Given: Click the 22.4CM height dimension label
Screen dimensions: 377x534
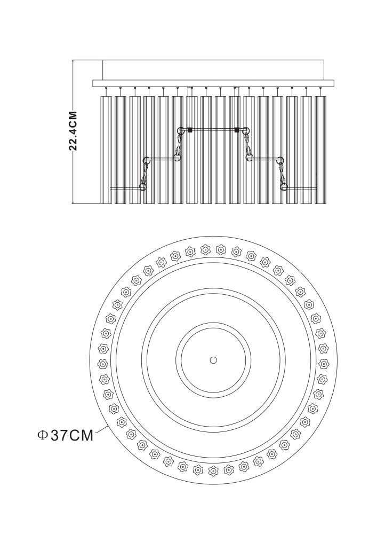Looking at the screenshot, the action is click(73, 131).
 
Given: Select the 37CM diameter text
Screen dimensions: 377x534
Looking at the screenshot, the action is click(72, 435).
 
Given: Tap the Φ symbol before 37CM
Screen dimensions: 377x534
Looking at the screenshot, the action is click(42, 435).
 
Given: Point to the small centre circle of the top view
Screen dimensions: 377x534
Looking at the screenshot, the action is click(213, 360).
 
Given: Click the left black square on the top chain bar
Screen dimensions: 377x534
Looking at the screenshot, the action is click(190, 130).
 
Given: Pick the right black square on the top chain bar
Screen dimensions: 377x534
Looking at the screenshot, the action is click(237, 130).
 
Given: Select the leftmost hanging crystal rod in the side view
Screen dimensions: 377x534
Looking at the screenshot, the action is click(106, 150).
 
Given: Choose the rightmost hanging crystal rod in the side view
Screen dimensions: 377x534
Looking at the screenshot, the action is click(320, 150).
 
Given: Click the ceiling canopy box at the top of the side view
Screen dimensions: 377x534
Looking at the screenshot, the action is click(213, 70).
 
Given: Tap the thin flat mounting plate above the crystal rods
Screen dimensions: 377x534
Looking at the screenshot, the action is click(213, 83).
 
